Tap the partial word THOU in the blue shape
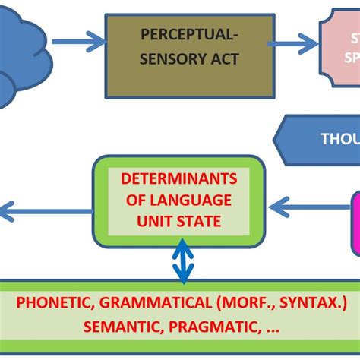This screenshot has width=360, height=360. pyautogui.click(x=339, y=139)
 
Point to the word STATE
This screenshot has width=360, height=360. pyautogui.click(x=201, y=222)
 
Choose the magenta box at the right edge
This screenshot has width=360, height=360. pyautogui.click(x=354, y=221)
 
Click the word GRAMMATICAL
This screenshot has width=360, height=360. pyautogui.click(x=157, y=302)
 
